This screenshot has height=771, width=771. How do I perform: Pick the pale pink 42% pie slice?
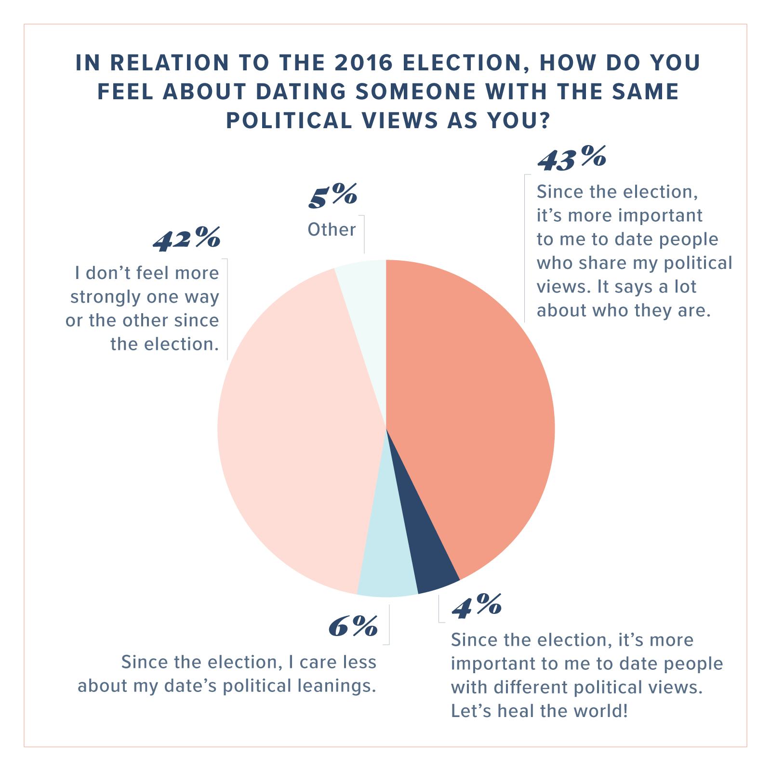(294, 434)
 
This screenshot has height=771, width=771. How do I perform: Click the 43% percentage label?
(572, 159)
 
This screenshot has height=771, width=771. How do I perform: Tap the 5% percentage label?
(332, 195)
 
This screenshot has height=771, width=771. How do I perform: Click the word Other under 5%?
(332, 229)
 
